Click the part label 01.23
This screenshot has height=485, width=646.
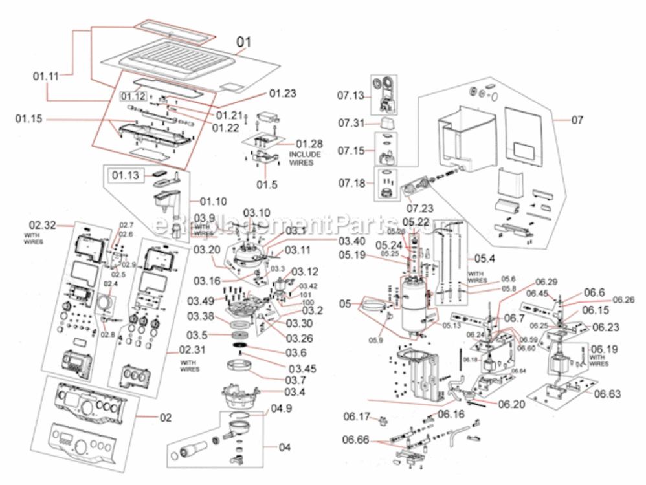(x=282, y=93)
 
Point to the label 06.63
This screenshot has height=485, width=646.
(x=607, y=393)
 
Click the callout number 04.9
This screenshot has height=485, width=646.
(x=281, y=409)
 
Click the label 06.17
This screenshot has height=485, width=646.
(x=357, y=416)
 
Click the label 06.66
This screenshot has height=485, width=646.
(x=356, y=440)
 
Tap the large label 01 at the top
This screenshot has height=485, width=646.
(x=243, y=43)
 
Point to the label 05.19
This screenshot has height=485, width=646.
(x=351, y=255)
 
